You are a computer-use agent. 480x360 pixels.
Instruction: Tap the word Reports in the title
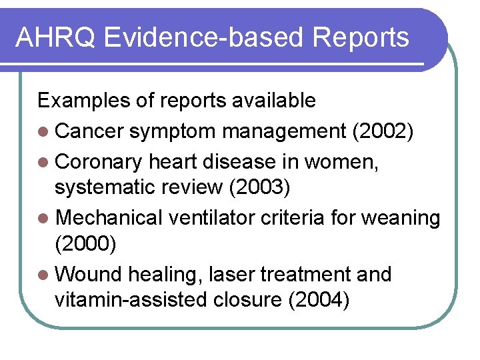[x=365, y=37]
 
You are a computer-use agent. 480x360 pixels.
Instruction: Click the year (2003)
[x=259, y=188]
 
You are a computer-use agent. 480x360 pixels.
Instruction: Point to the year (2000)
[x=85, y=244]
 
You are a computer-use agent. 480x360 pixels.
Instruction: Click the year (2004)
[x=318, y=300]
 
